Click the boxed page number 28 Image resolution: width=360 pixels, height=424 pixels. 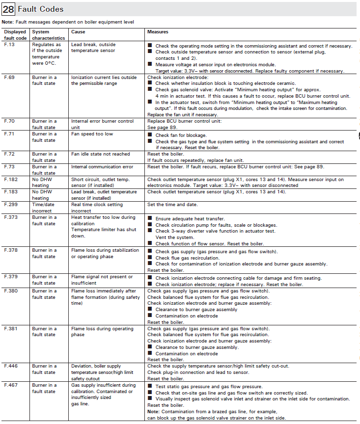[x=8, y=9]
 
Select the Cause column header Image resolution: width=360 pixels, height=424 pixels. [x=78, y=32]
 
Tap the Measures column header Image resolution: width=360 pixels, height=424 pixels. [x=158, y=32]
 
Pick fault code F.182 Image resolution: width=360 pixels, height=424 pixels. [x=10, y=180]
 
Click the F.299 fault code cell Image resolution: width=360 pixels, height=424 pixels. [x=10, y=205]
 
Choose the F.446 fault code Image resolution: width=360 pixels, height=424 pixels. [x=10, y=366]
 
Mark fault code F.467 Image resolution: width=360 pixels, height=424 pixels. [x=10, y=385]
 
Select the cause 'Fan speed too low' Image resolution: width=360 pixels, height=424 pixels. [x=92, y=134]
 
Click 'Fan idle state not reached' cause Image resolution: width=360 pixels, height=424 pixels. [x=100, y=154]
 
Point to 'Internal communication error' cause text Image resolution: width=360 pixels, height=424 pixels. [x=103, y=167]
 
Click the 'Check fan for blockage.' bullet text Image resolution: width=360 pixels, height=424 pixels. [x=181, y=135]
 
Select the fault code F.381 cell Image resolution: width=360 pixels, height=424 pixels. [x=10, y=329]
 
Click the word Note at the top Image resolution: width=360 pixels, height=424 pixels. [x=7, y=22]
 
